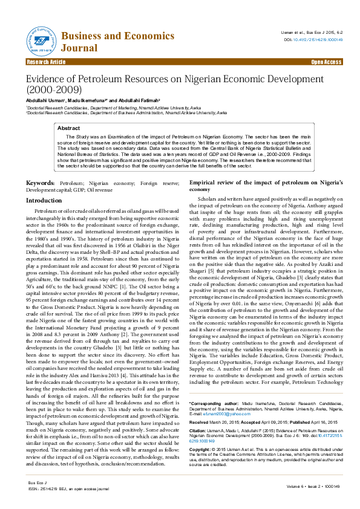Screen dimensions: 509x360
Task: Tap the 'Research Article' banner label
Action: click(46, 62)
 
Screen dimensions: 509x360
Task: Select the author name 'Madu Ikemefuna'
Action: click(86, 100)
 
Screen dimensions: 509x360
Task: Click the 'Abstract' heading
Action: click(68, 129)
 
